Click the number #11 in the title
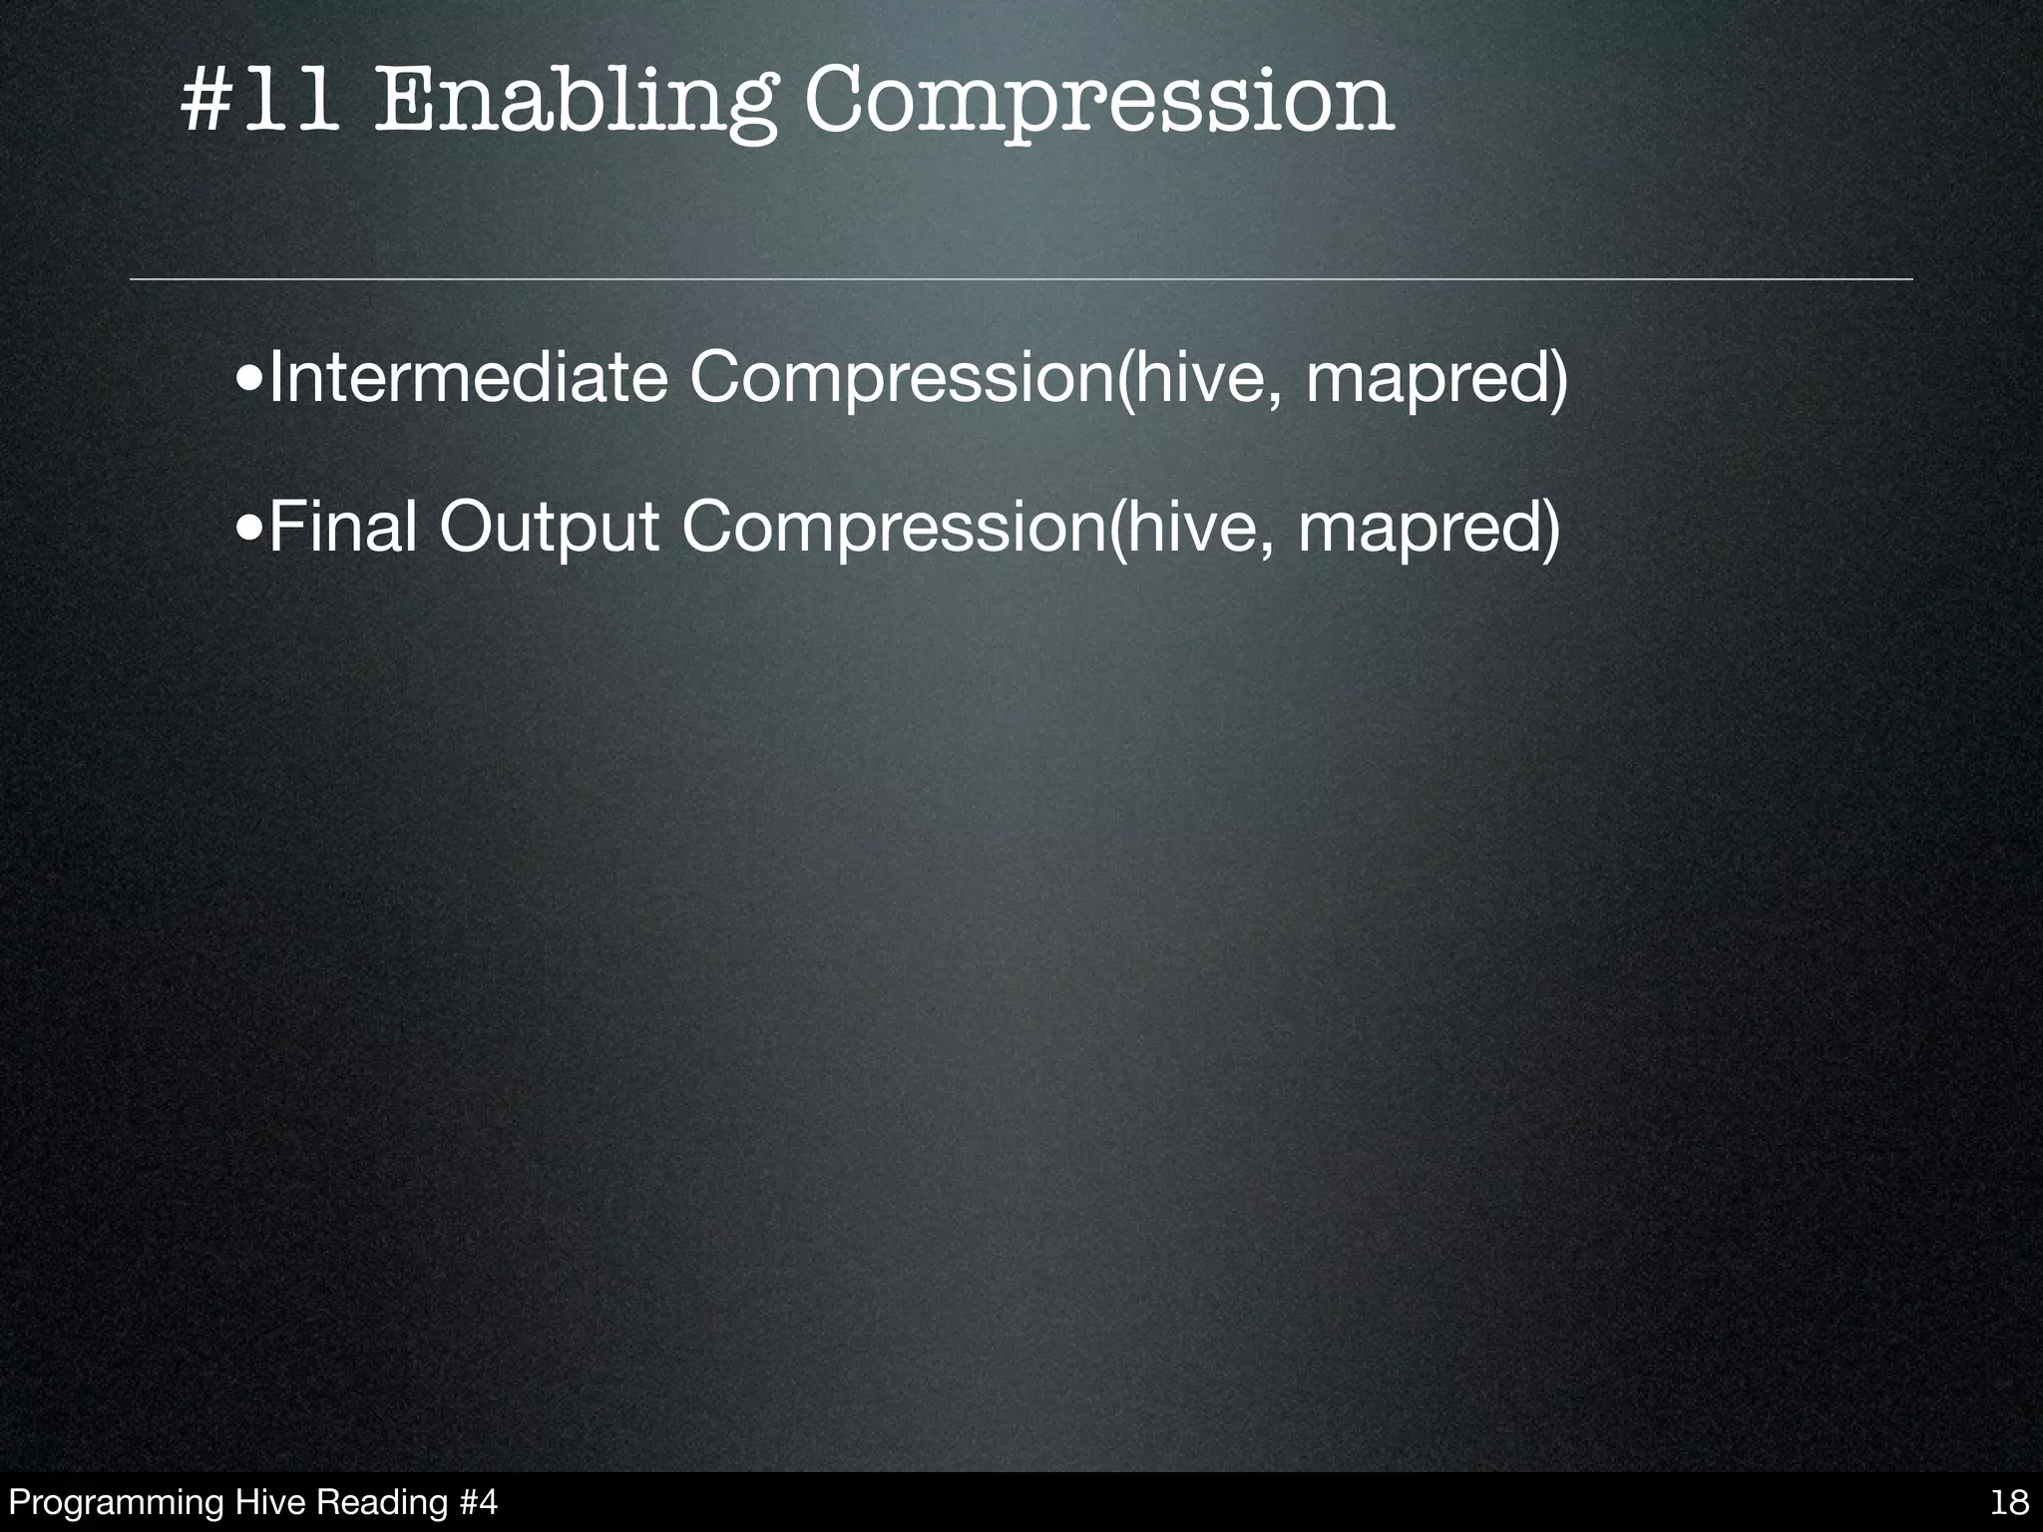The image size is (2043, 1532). [257, 102]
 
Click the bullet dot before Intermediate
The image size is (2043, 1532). [250, 381]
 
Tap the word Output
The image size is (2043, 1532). [549, 528]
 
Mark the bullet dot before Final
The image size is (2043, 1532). [250, 530]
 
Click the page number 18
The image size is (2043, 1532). [2008, 1502]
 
